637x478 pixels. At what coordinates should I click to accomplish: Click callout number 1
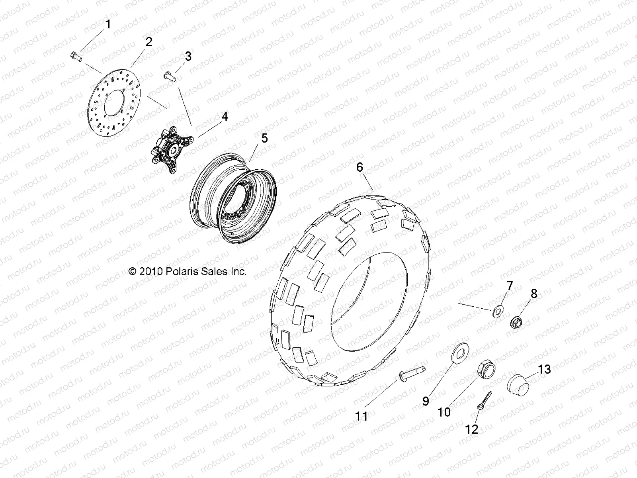point(108,25)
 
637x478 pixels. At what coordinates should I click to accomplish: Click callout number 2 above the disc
point(149,42)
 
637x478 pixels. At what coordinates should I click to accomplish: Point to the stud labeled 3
point(170,76)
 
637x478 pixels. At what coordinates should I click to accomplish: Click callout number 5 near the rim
point(264,138)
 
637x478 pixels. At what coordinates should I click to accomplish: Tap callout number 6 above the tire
point(360,167)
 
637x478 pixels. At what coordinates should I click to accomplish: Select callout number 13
point(544,369)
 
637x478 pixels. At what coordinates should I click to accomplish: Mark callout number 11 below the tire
point(361,417)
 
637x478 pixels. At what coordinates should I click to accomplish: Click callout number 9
point(426,401)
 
